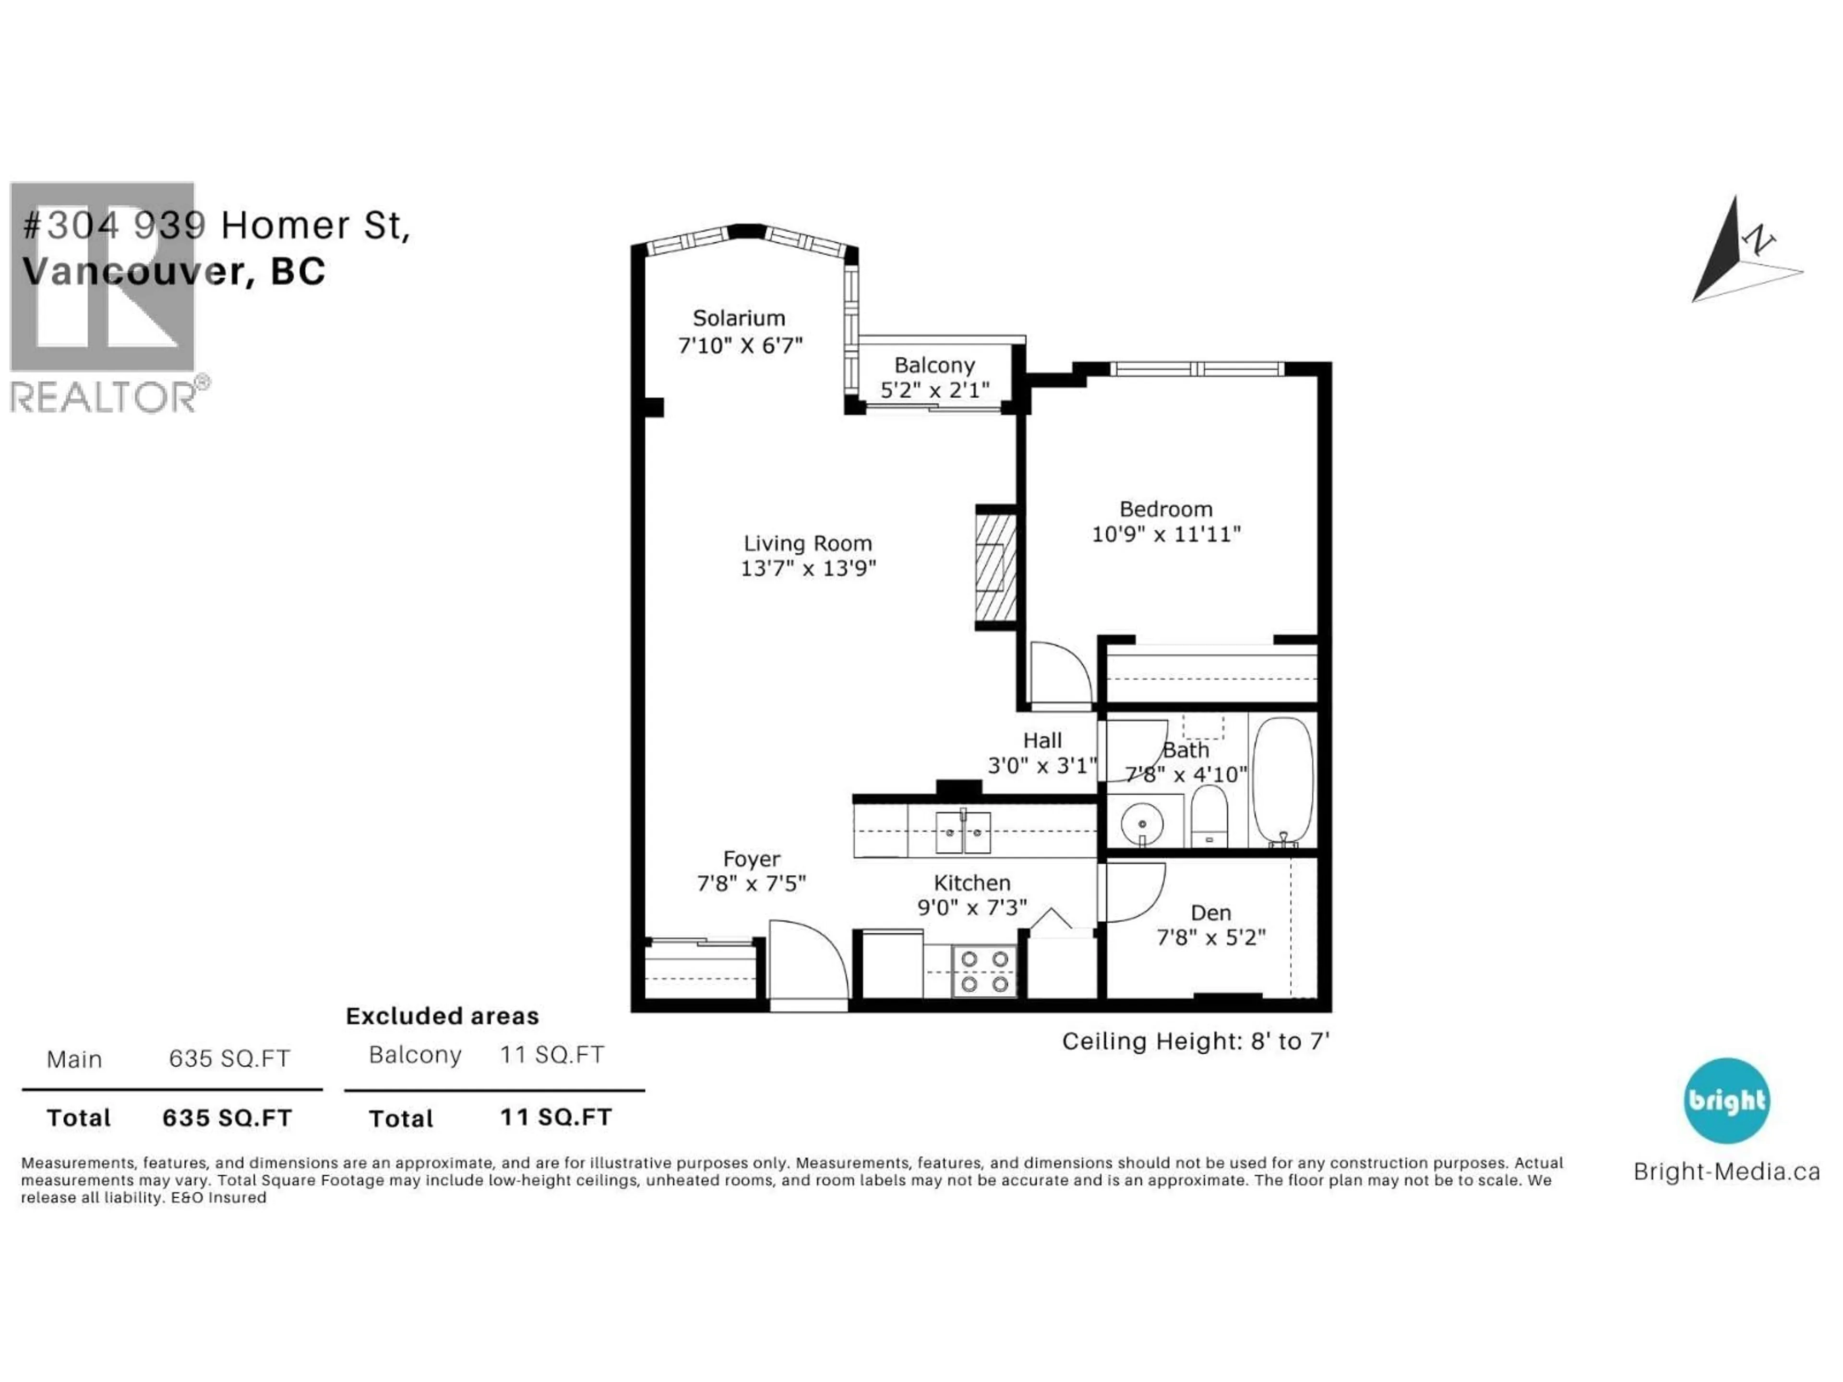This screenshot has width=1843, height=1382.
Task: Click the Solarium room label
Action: click(738, 318)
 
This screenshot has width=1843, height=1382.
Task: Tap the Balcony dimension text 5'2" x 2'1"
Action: click(935, 390)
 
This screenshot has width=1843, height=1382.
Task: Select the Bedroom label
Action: click(1166, 509)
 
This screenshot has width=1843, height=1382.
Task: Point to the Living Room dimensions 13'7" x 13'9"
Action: click(808, 568)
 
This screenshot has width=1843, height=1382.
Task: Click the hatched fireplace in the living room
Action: click(996, 566)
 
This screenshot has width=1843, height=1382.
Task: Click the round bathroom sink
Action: click(1141, 823)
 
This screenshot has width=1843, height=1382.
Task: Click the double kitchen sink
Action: click(963, 832)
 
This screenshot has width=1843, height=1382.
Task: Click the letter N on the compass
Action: click(1758, 241)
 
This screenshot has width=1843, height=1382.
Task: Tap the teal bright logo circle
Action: click(1726, 1100)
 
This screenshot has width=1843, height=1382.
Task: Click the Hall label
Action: click(1042, 740)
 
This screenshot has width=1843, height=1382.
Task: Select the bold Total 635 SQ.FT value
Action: click(227, 1118)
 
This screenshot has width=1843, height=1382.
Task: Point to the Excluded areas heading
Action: click(443, 1016)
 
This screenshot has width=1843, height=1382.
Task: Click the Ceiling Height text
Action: click(1195, 1041)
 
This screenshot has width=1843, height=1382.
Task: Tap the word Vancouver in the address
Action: click(133, 272)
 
